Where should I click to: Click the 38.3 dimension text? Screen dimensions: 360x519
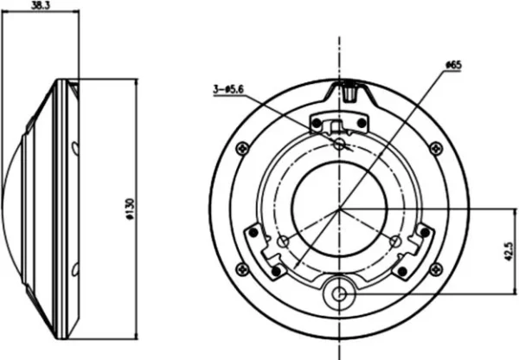pos(39,5)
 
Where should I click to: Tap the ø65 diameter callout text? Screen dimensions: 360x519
pos(453,65)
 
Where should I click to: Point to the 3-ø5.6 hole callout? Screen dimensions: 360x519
pos(227,88)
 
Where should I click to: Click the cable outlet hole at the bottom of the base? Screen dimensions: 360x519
pos(340,294)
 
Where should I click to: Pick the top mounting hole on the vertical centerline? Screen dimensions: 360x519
pos(340,144)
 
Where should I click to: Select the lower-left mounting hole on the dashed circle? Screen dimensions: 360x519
pos(284,241)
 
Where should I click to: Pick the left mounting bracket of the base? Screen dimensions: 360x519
pos(264,251)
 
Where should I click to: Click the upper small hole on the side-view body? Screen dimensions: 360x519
pos(74,146)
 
